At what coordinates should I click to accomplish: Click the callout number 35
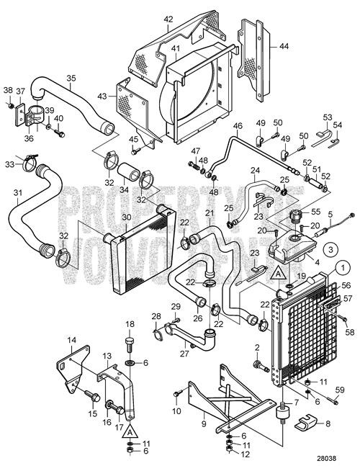[70, 78]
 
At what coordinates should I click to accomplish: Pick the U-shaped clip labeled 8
[308, 420]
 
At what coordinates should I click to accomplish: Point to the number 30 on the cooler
[126, 217]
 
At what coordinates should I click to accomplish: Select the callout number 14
[72, 340]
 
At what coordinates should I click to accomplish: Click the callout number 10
[176, 411]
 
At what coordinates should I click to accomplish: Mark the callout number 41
[175, 48]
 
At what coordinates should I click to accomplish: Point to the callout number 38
[8, 91]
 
